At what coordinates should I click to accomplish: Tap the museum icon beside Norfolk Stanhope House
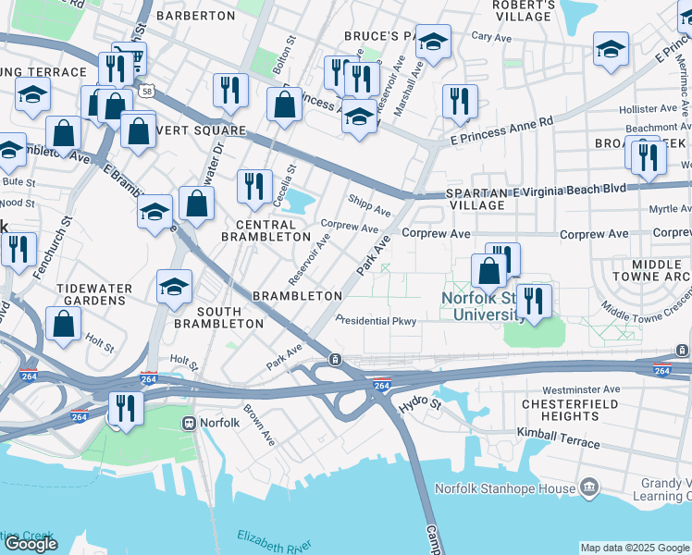(588, 487)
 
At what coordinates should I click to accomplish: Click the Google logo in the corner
(31, 544)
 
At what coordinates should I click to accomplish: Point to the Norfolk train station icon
(189, 424)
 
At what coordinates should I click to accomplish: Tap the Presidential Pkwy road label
(376, 321)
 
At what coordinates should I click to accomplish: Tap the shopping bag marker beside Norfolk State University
(488, 271)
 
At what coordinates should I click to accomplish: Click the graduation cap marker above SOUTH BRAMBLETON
(174, 287)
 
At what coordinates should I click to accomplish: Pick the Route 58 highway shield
(147, 91)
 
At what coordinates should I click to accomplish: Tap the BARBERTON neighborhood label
(196, 16)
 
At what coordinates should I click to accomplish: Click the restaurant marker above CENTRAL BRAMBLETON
(253, 186)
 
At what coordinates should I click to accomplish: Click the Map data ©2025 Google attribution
(634, 547)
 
